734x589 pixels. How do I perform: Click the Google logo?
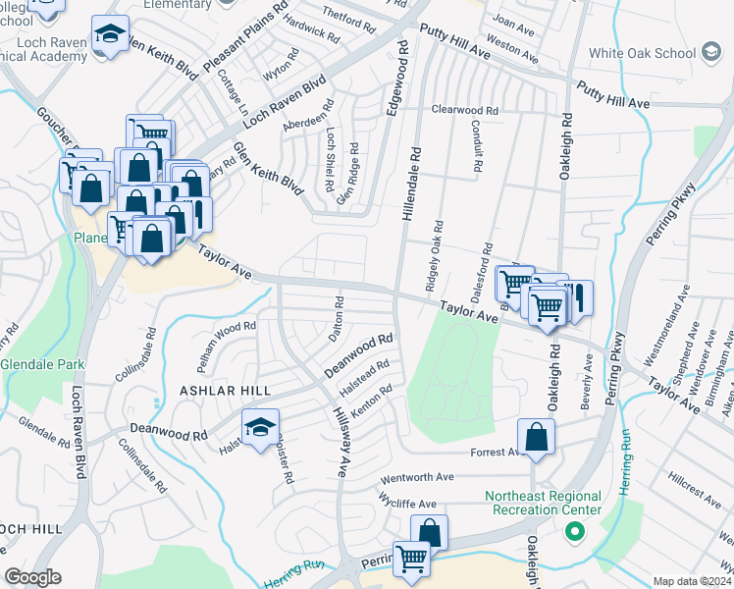pyautogui.click(x=32, y=577)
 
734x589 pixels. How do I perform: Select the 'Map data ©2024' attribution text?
pyautogui.click(x=692, y=581)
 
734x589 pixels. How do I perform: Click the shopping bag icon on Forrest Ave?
pyautogui.click(x=537, y=438)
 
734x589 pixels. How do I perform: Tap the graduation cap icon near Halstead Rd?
pyautogui.click(x=260, y=428)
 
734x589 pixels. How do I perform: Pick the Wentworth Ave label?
pyautogui.click(x=417, y=477)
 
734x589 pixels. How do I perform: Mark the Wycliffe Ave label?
pyautogui.click(x=407, y=503)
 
